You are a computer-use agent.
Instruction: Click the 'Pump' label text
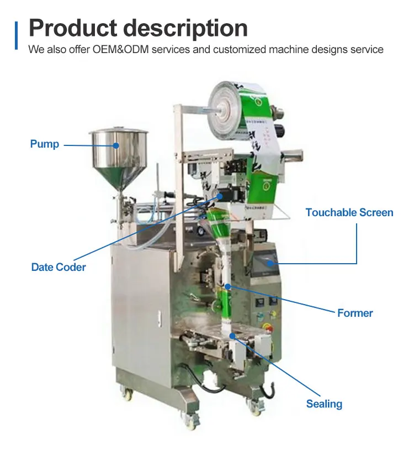[x=44, y=144]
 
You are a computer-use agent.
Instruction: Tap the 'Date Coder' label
[x=59, y=268]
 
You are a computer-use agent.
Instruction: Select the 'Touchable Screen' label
[x=349, y=213]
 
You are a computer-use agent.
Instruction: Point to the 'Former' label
[x=355, y=313]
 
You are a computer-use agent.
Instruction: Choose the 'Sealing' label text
[x=324, y=404]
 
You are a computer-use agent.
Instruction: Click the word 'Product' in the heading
[x=74, y=28]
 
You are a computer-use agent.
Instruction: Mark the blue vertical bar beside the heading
[x=17, y=35]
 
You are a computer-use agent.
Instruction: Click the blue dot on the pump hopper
[x=116, y=145]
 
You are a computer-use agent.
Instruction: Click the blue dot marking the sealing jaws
[x=232, y=335]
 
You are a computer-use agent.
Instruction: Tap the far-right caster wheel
[x=257, y=409]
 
